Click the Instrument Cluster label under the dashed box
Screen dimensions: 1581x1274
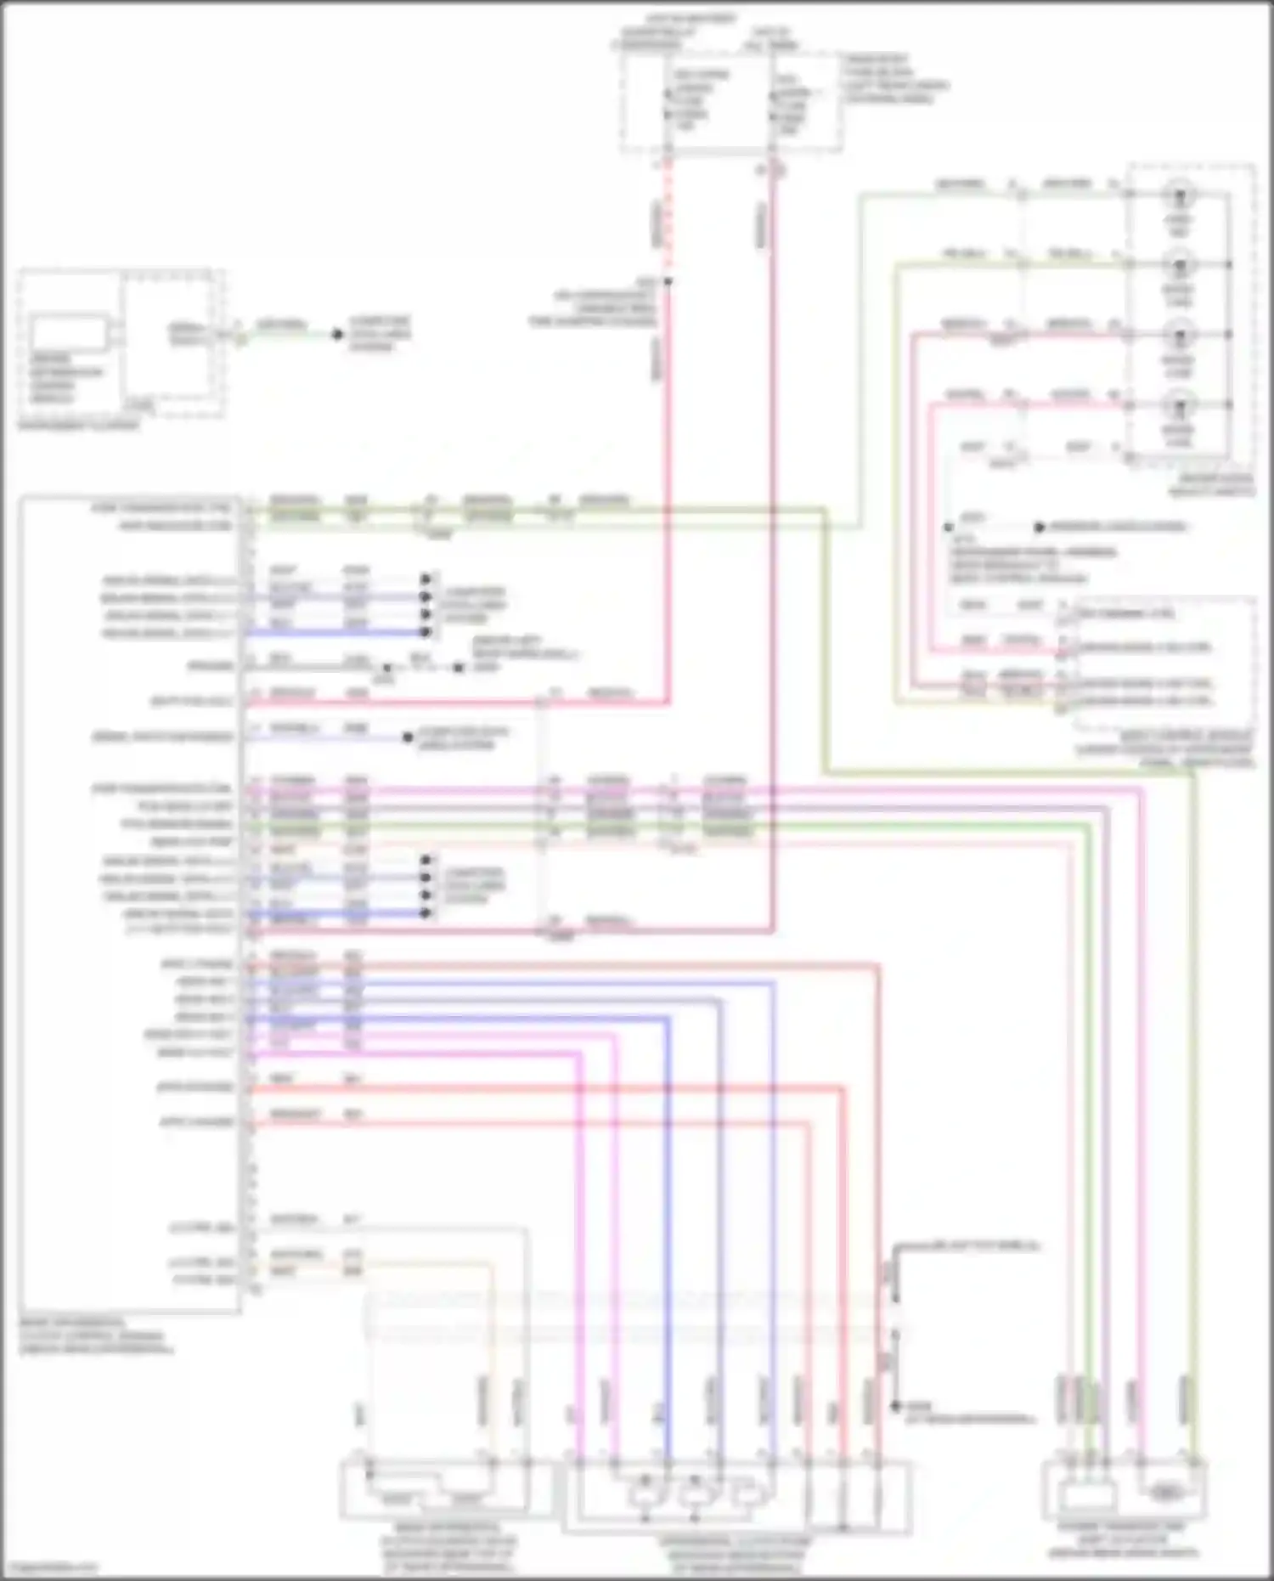[x=78, y=425]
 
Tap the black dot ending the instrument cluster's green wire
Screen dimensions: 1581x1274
[x=337, y=335]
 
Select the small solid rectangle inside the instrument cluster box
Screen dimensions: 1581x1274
[x=70, y=332]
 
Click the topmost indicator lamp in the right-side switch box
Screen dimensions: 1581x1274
[x=1179, y=195]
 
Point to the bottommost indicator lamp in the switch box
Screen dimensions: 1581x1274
[x=1179, y=406]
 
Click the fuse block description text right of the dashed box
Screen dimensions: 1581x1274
[x=895, y=79]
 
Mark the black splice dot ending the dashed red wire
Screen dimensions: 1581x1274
[x=668, y=281]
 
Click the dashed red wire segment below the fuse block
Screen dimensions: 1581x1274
[x=668, y=212]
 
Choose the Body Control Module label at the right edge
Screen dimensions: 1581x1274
[x=1164, y=750]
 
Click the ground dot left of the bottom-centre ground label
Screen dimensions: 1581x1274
[x=895, y=1407]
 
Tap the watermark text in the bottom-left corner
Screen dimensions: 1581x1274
[x=49, y=1567]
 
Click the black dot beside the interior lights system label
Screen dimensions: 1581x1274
[x=1039, y=528]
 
